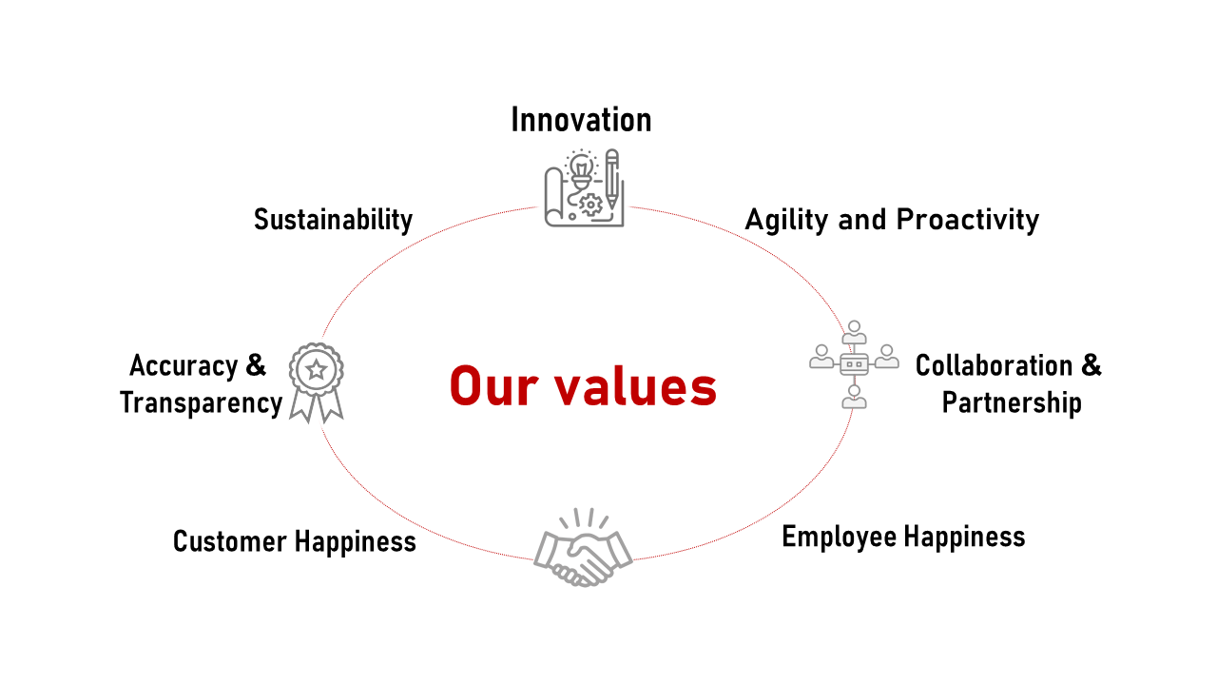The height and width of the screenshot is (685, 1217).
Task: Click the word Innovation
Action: click(581, 120)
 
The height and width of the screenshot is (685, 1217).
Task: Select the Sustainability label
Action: click(333, 220)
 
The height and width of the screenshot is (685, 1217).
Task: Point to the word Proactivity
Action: click(967, 220)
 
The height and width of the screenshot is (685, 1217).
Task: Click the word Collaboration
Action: click(994, 365)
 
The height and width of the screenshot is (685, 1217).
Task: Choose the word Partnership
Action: click(1011, 403)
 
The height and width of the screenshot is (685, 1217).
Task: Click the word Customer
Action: click(230, 541)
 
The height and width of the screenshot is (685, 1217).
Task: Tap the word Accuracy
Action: click(184, 366)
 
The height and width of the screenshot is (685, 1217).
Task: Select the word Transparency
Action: click(201, 403)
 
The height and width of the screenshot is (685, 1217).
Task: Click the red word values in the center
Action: click(635, 386)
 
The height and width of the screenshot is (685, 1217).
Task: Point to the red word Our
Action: click(493, 386)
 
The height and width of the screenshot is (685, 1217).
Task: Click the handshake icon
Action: click(583, 547)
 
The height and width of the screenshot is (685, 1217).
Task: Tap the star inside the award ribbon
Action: click(317, 370)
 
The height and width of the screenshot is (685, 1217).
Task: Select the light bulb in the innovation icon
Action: click(581, 169)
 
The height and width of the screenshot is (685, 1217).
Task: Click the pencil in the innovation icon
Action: click(612, 179)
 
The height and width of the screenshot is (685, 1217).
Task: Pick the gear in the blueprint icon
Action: click(590, 205)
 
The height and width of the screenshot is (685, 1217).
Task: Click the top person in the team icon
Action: click(854, 332)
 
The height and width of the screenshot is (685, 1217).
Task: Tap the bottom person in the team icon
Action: click(854, 397)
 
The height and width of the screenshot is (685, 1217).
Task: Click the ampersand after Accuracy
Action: click(256, 364)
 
